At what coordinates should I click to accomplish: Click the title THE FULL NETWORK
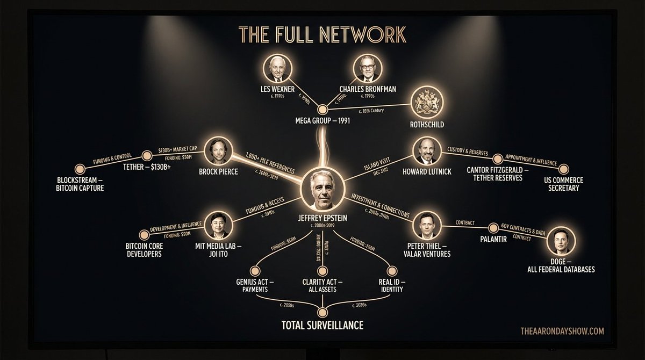coord(322,34)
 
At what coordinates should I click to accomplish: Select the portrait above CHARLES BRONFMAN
coord(367,69)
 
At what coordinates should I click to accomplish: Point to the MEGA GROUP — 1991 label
coord(322,120)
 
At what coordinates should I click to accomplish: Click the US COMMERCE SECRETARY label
coord(564,184)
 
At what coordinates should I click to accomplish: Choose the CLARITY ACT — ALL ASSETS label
coord(323,285)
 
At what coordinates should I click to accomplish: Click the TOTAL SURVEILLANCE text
coord(322,325)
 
